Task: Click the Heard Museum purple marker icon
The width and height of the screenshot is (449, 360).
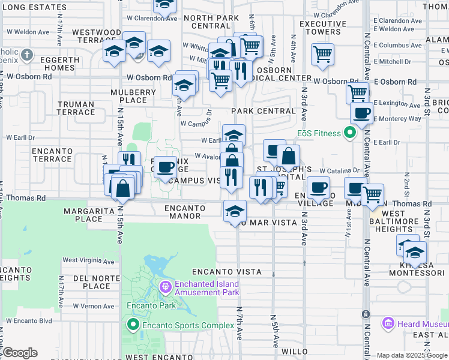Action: [x=388, y=324]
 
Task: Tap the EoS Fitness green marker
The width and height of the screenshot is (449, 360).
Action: [x=352, y=133]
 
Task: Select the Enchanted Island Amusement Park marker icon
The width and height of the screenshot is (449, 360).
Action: [x=165, y=289]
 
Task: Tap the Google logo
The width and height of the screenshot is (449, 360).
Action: [x=20, y=353]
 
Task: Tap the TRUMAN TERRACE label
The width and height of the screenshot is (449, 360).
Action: [x=76, y=108]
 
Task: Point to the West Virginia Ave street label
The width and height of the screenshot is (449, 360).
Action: [x=88, y=260]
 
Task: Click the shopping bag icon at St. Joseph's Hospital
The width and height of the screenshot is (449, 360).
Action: [x=289, y=157]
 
